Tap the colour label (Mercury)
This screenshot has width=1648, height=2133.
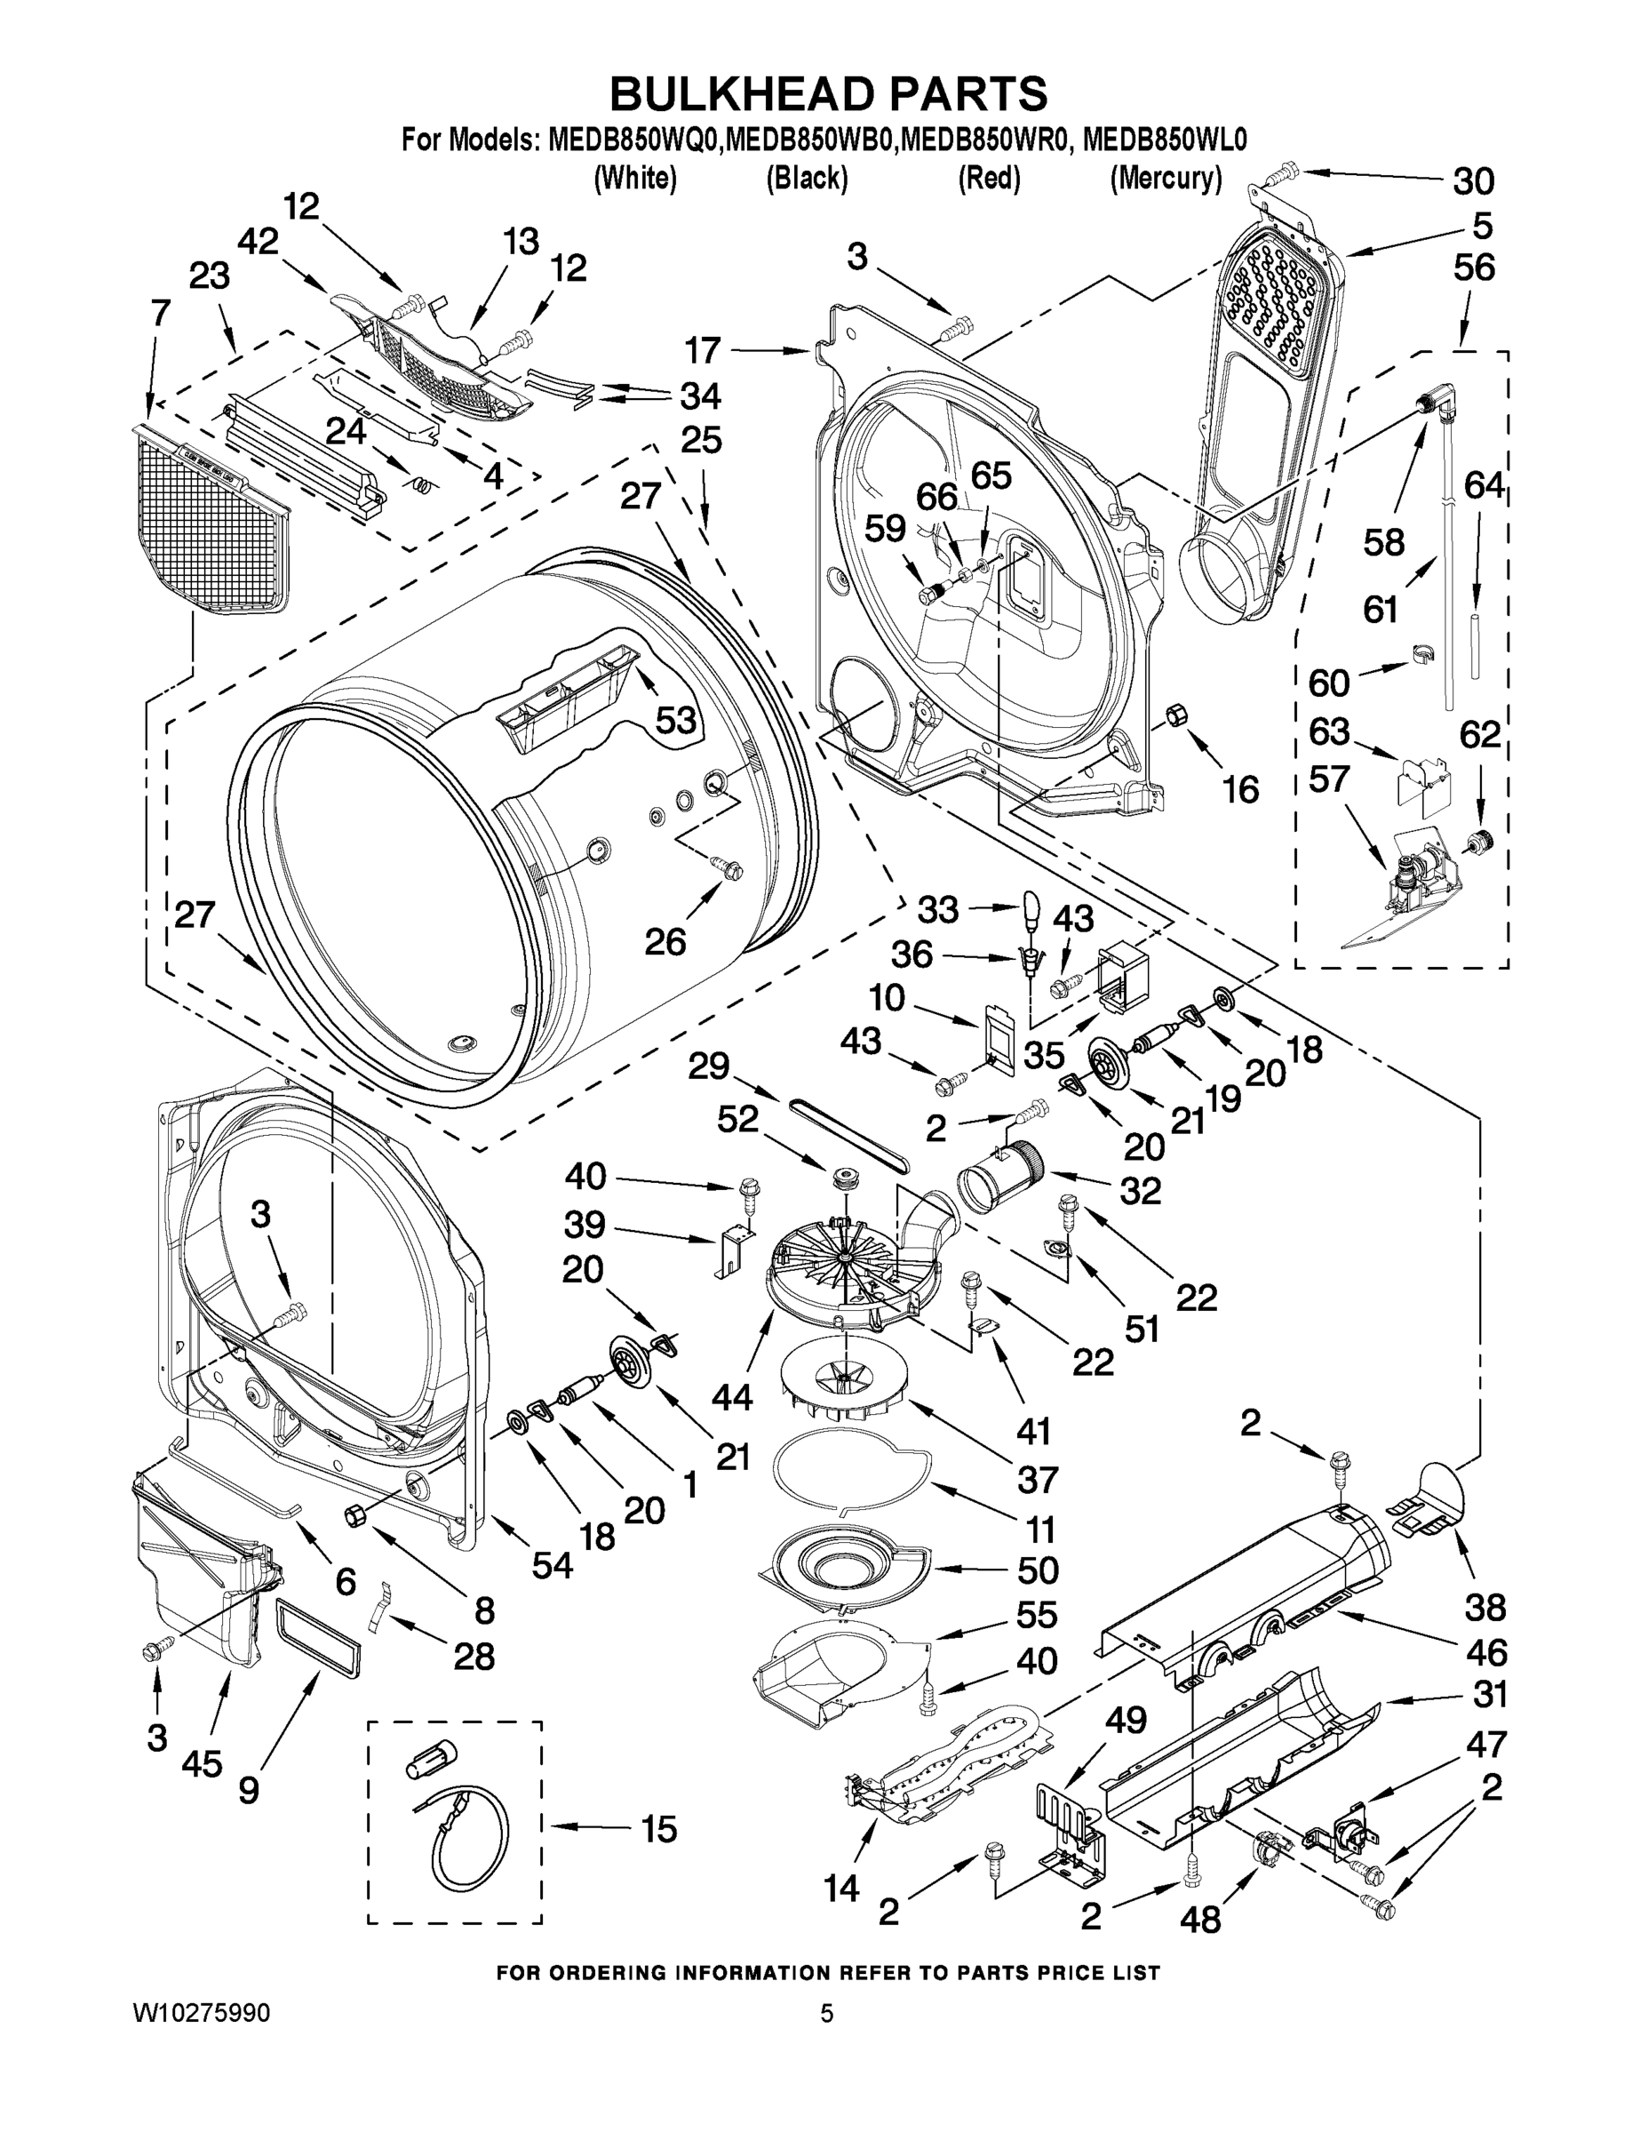(1165, 179)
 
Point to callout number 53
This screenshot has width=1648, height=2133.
(674, 720)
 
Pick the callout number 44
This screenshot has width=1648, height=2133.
(731, 1398)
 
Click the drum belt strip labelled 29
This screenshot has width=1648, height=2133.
(848, 1136)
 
